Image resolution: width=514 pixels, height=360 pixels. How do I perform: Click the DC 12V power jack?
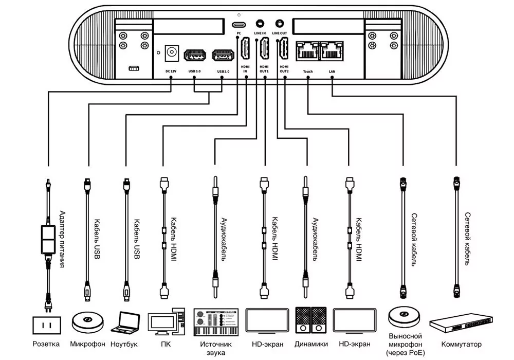[x=172, y=52]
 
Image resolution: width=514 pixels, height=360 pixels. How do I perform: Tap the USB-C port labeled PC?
[x=239, y=25]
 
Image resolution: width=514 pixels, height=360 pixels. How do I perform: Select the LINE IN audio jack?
[x=260, y=24]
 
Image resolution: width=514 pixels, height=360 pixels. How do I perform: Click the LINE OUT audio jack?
[x=279, y=24]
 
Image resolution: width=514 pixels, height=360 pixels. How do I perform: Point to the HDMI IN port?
[x=245, y=48]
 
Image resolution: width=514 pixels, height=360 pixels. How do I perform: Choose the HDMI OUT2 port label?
[x=284, y=69]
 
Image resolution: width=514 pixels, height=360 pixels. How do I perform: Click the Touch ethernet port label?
[x=308, y=71]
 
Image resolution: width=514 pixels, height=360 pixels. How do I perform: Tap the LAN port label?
[x=332, y=71]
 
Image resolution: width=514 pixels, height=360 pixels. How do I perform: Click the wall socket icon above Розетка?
[x=47, y=325]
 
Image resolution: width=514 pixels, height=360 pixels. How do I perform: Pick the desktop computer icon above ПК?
[x=166, y=321]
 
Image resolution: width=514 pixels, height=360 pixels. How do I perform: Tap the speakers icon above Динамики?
[x=311, y=320]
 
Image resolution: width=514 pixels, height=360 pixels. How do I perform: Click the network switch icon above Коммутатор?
[x=461, y=323]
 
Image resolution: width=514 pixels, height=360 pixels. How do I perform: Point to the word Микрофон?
[x=87, y=344]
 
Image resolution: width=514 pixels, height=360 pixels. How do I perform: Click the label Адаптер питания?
[x=62, y=239]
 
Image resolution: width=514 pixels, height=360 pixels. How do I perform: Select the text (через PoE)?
[x=406, y=353]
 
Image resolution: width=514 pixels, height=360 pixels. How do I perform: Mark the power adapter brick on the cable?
[x=48, y=239]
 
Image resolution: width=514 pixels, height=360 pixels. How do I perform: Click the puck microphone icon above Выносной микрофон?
[x=404, y=317]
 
